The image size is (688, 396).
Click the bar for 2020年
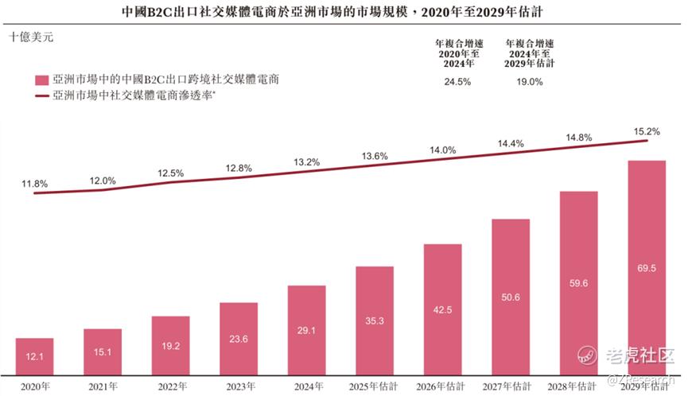pos(34,355)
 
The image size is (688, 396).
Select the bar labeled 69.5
pos(647,266)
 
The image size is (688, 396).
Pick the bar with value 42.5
pos(442,309)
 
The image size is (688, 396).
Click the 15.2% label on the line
pos(647,131)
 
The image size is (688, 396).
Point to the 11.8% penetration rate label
pos(35,184)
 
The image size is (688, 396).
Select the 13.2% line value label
pos(306,162)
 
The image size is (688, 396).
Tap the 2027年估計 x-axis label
pos(511,386)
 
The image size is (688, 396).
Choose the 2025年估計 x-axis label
pos(374,386)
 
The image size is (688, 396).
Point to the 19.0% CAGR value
pos(529,82)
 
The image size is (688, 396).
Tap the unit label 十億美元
pos(33,37)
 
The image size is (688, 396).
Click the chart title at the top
pos(343,13)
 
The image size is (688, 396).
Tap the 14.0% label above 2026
pos(442,149)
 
